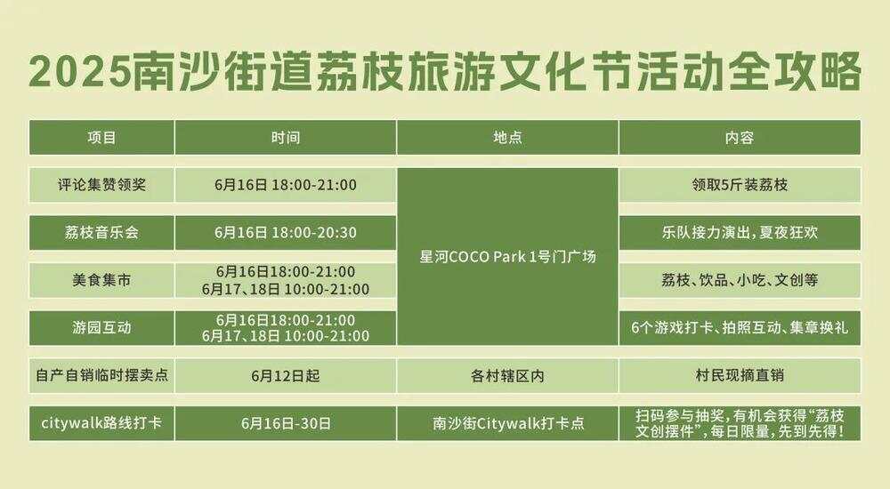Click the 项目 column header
point(101,138)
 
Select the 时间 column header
point(286,138)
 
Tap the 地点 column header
point(507,138)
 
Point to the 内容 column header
point(740,138)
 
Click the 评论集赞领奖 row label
point(101,185)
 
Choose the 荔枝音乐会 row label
point(101,233)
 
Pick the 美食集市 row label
point(101,280)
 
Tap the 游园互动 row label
point(101,328)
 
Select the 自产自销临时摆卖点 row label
point(101,375)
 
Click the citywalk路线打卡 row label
point(101,423)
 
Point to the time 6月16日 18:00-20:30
point(286,233)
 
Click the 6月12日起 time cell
point(286,375)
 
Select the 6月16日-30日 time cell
point(286,423)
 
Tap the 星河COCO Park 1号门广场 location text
point(507,257)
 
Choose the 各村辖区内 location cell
point(507,375)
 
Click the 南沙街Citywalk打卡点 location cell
point(507,423)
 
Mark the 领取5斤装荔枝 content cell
point(740,185)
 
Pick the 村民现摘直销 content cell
point(740,375)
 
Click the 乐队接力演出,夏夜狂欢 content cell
point(740,233)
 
